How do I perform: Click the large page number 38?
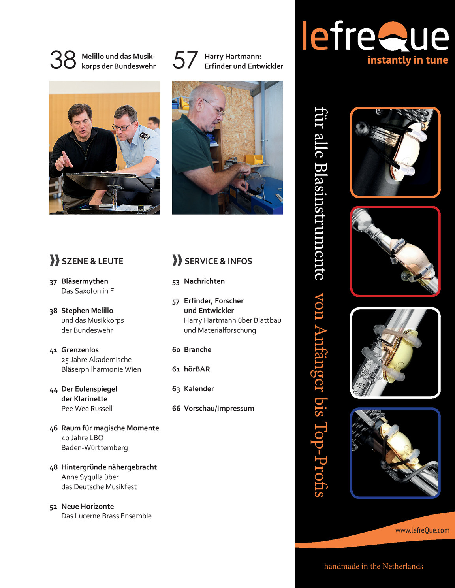pyautogui.click(x=63, y=60)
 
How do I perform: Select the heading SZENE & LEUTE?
pyautogui.click(x=92, y=261)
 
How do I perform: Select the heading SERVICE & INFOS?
pyautogui.click(x=218, y=261)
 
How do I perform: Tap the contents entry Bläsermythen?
pyautogui.click(x=85, y=281)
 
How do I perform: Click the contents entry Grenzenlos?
pyautogui.click(x=80, y=350)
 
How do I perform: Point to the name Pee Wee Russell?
pyautogui.click(x=87, y=409)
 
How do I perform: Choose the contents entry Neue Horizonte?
pyautogui.click(x=88, y=506)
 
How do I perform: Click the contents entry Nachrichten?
pyautogui.click(x=204, y=281)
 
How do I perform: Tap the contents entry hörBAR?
pyautogui.click(x=197, y=369)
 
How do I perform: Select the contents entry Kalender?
pyautogui.click(x=199, y=389)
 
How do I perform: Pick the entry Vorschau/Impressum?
pyautogui.click(x=219, y=408)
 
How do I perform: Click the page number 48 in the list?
pyautogui.click(x=54, y=467)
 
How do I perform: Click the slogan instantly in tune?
pyautogui.click(x=408, y=60)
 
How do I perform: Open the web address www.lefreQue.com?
pyautogui.click(x=422, y=530)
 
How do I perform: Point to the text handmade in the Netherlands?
pyautogui.click(x=373, y=566)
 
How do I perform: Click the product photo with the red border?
pyautogui.click(x=395, y=251)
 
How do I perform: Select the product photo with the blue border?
pyautogui.click(x=395, y=453)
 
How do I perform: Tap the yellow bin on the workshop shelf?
pyautogui.click(x=254, y=159)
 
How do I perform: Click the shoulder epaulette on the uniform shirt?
pyautogui.click(x=145, y=136)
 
